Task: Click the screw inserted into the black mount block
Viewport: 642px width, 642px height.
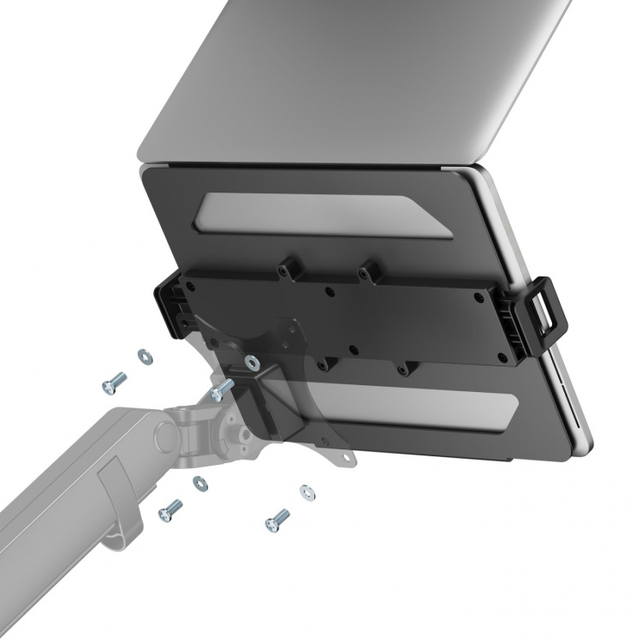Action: (219, 390)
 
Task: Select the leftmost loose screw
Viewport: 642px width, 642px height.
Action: (114, 383)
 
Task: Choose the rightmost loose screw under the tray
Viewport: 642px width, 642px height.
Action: (277, 519)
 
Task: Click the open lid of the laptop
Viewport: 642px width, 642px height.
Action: (360, 77)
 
